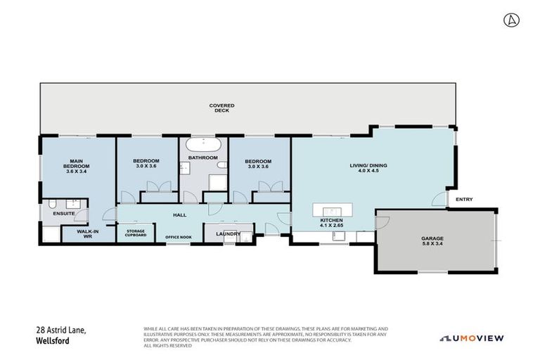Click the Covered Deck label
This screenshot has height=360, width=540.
[221, 108]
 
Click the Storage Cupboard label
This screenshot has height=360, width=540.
[135, 233]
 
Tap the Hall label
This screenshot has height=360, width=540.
[179, 215]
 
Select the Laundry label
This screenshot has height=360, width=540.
[229, 233]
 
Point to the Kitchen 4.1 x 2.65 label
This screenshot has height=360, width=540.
[331, 224]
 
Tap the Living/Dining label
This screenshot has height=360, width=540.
[368, 168]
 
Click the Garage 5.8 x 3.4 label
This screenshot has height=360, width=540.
[432, 241]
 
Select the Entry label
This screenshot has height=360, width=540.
[464, 200]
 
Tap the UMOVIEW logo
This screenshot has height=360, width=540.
[472, 338]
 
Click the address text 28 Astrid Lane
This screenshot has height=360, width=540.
[62, 329]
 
